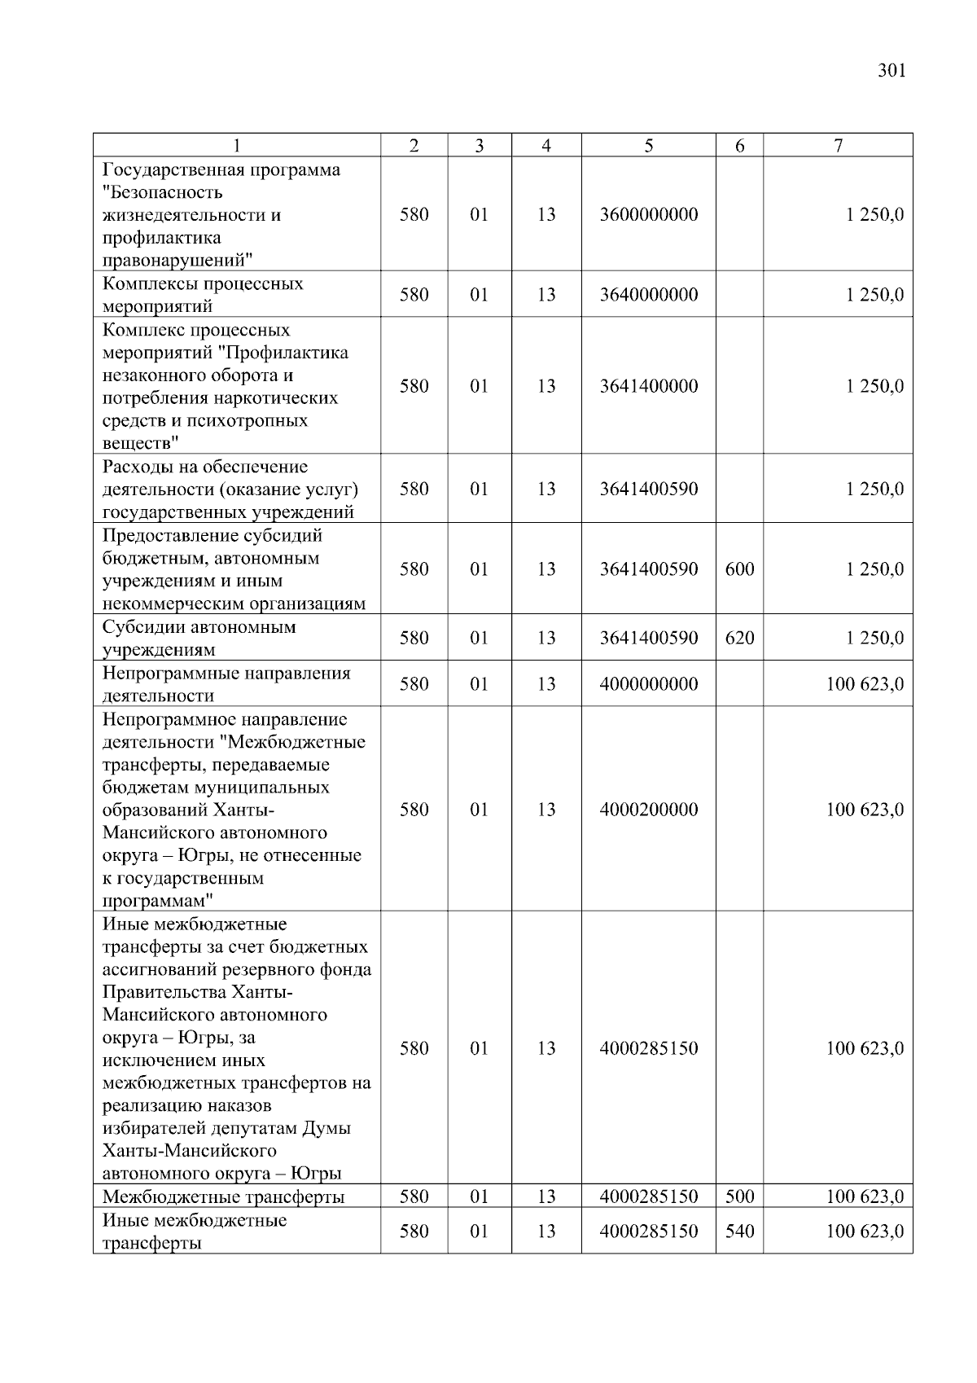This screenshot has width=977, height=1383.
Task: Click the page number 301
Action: tap(892, 71)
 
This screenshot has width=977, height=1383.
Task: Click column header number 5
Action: tap(648, 146)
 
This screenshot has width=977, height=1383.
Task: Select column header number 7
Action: tap(838, 146)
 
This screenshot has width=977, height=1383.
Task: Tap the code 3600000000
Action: tap(648, 215)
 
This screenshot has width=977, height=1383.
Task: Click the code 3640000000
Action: tap(648, 295)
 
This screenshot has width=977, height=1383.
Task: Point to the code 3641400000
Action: tap(648, 386)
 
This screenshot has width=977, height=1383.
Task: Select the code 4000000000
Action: tap(648, 684)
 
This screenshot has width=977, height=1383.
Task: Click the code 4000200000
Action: tap(648, 810)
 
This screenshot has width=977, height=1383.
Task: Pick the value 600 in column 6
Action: tap(739, 569)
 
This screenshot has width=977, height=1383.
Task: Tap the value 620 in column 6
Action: tap(739, 638)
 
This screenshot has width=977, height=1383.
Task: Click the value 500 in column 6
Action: tap(739, 1196)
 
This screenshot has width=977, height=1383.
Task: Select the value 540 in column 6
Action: tap(739, 1232)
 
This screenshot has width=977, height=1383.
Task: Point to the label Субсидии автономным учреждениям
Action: tap(199, 639)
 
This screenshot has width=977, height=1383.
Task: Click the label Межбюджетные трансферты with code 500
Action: tap(223, 1197)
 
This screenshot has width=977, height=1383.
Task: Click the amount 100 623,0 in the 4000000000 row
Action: tap(865, 684)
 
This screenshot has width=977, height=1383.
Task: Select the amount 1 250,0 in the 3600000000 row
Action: tap(874, 215)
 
